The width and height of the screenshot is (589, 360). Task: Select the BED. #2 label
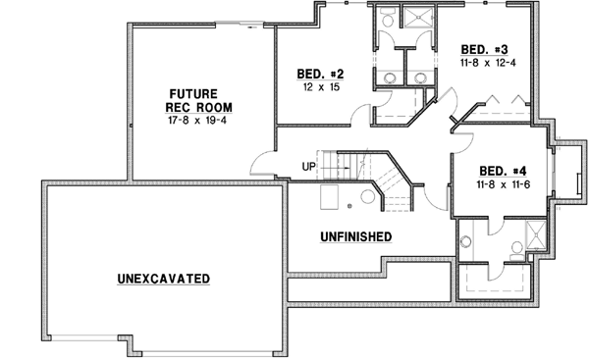point(320,73)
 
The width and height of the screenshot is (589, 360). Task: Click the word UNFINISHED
point(357,236)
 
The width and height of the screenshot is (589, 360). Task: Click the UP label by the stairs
point(308,167)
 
